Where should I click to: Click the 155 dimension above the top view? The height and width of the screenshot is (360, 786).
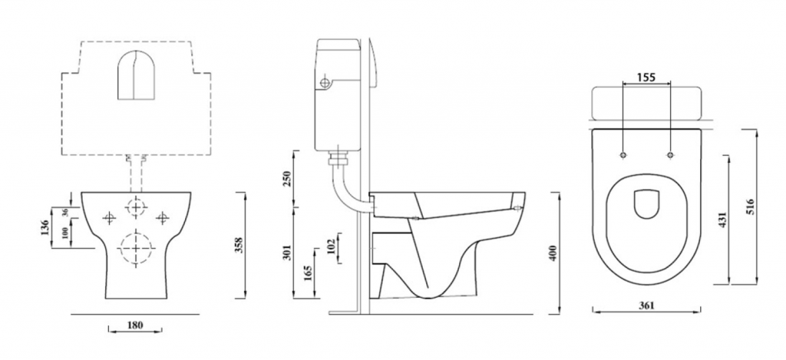[x=646, y=78]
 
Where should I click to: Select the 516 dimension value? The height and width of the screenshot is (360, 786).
[x=750, y=206]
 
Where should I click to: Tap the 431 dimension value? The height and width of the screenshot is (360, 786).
[x=722, y=220]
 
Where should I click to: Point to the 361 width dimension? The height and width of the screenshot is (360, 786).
[x=647, y=306]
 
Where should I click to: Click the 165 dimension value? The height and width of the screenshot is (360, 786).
[x=309, y=274]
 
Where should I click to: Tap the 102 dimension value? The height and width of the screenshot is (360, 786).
[x=331, y=247]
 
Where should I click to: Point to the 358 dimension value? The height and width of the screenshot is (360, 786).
[x=239, y=246]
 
